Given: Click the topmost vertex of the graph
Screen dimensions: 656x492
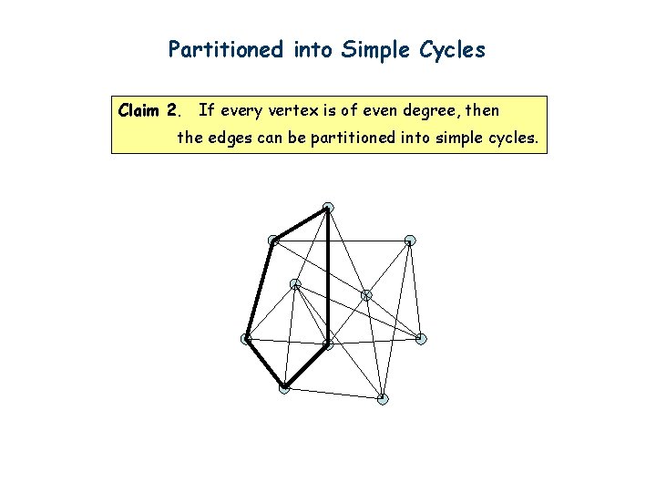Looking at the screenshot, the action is [x=328, y=208].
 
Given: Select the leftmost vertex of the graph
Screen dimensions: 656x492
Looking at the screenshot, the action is [x=246, y=339].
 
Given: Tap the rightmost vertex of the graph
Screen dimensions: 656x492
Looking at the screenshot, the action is [x=421, y=339].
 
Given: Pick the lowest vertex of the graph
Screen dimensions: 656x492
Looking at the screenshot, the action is [x=383, y=399].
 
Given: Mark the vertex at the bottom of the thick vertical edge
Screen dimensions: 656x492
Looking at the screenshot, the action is [x=328, y=345].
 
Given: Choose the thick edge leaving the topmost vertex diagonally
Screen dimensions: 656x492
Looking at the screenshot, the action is [x=301, y=224].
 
